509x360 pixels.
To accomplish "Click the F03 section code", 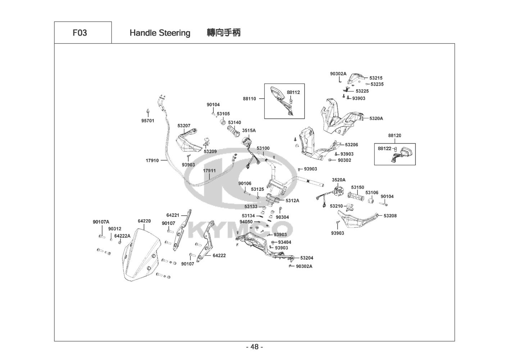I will tap(79, 33).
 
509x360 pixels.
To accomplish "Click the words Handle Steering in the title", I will tap(160, 33).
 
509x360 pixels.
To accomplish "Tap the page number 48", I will tap(254, 347).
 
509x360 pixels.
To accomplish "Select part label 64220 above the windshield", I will tap(144, 221).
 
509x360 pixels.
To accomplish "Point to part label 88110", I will tap(249, 98).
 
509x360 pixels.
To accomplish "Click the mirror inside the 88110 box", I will tap(279, 94).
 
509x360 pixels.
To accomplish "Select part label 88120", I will tap(395, 136).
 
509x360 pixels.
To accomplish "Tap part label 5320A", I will tap(376, 118).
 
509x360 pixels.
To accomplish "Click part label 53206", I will tap(351, 145).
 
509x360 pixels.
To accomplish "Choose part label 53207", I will tap(184, 126).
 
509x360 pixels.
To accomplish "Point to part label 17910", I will tap(152, 161).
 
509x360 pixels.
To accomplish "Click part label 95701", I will tap(147, 121).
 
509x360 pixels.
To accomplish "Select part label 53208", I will tap(390, 216).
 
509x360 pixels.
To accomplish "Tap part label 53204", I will tap(306, 258).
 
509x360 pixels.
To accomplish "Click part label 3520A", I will tap(338, 180).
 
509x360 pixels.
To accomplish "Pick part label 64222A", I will tap(122, 236).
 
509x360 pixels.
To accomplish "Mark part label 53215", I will tap(376, 78).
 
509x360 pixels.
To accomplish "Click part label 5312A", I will tap(292, 201).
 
